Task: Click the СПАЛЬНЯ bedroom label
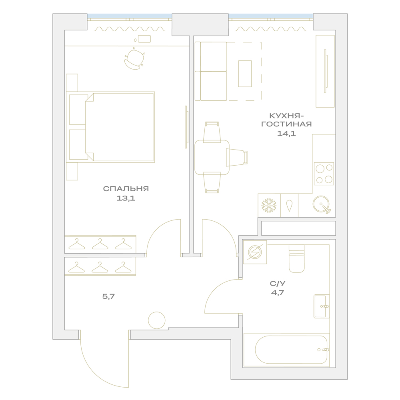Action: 126,189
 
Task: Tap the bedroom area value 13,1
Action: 126,198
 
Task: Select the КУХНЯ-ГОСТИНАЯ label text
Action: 286,120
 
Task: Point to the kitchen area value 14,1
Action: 286,134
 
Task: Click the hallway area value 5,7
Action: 108,296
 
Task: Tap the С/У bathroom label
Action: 278,284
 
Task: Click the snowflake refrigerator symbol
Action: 269,205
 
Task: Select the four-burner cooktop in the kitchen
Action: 324,174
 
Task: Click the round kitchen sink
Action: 321,204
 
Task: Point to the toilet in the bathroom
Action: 296,258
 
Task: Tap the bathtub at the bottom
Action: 291,350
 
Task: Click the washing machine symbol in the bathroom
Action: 255,252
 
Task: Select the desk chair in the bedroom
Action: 134,59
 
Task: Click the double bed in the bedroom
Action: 110,127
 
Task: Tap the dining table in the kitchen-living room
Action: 212,157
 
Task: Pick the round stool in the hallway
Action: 157,320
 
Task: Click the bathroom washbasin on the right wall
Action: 322,306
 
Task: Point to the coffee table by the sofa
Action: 245,74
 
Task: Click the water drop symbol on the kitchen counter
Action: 289,206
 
